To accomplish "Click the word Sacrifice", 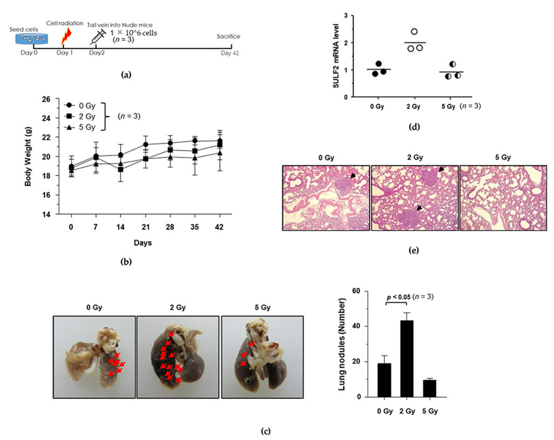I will tap(228, 36).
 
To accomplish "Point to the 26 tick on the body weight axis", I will tap(46, 99).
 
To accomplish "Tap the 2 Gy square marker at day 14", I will tap(120, 170).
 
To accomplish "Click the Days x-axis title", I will tap(143, 243).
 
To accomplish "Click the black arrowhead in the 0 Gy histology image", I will tap(353, 175).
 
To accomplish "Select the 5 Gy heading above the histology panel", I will tap(503, 157).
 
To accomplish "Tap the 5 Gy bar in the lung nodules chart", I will tap(429, 388).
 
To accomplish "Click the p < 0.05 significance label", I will tap(399, 297).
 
